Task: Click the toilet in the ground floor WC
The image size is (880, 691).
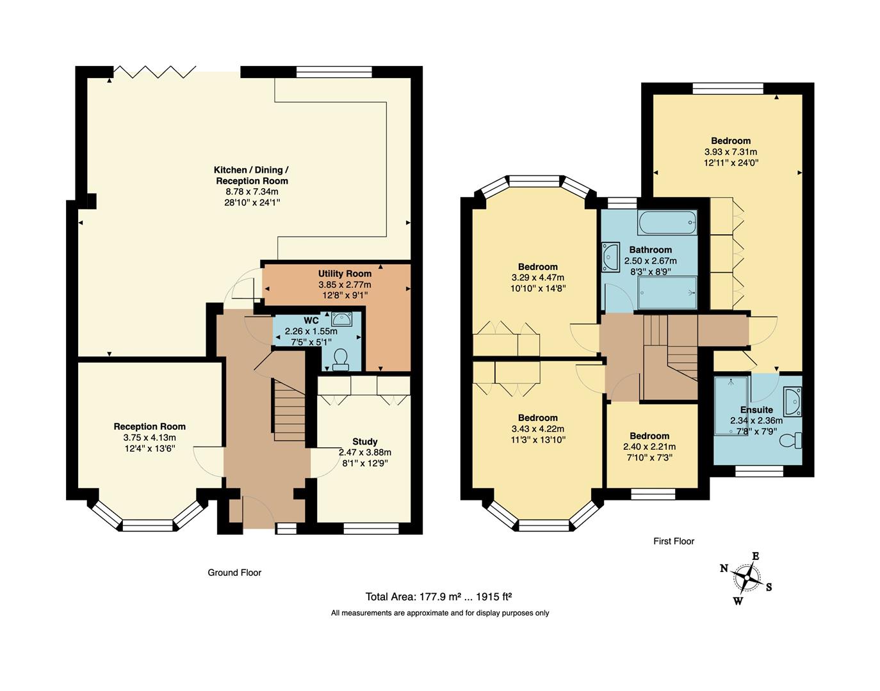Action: coord(341,360)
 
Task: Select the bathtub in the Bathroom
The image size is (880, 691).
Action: coord(667,223)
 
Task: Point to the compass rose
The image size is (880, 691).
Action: coord(746,578)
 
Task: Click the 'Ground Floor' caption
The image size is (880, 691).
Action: coord(234,573)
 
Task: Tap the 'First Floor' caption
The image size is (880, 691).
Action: coord(674,541)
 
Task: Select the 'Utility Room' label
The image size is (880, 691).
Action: coord(345,274)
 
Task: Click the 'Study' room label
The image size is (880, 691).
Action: coord(364,441)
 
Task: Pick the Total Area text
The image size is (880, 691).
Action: coord(438,597)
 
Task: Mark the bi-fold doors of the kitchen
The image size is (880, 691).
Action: coord(154,71)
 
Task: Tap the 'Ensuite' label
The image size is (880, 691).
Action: coord(756,409)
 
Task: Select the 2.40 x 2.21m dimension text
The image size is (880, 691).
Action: coord(649,447)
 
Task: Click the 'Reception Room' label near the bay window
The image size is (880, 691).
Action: coord(150,427)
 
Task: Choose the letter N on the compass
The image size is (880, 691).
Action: coord(724,568)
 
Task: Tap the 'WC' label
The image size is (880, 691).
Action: coord(311,320)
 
